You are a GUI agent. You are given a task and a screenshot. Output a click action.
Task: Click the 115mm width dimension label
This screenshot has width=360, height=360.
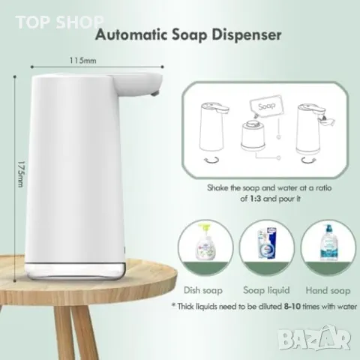coord(82,61)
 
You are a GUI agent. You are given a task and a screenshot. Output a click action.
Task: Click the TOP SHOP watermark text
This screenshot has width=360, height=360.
coord(59,22)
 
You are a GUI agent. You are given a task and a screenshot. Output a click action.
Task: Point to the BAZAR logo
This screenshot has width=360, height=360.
coord(314,337)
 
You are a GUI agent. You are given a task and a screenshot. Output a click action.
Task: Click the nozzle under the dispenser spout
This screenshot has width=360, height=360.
coord(154,93)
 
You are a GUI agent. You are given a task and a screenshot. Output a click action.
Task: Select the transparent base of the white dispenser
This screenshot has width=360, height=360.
coord(75,271)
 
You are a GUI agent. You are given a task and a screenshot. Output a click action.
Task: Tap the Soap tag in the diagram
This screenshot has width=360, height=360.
coord(266,106)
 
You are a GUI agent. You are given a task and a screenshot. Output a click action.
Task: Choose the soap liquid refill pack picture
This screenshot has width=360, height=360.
coord(266,244)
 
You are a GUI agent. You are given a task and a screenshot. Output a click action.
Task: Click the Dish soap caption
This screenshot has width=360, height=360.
coord(203,290)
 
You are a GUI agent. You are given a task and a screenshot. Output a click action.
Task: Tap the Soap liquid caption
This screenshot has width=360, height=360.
coord(266,290)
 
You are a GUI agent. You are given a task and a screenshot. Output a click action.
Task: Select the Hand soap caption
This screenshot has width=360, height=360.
coord(328,290)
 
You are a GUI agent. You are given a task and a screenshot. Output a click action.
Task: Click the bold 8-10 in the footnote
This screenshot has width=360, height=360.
coord(292,306)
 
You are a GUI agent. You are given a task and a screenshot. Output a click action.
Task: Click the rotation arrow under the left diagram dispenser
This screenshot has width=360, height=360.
coord(211,160)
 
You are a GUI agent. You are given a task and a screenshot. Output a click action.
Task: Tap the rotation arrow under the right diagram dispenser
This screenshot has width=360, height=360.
coord(308,160)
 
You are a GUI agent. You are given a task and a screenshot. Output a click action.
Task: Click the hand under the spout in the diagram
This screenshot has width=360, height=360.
coord(327,121)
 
